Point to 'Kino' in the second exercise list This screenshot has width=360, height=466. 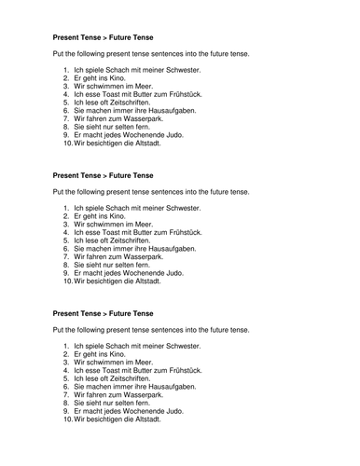point(122,215)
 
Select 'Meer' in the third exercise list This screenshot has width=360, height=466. point(146,363)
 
